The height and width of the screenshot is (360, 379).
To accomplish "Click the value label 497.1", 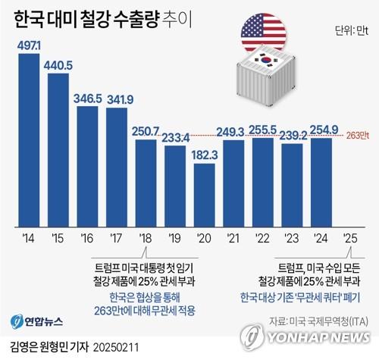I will [x=30, y=48].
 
